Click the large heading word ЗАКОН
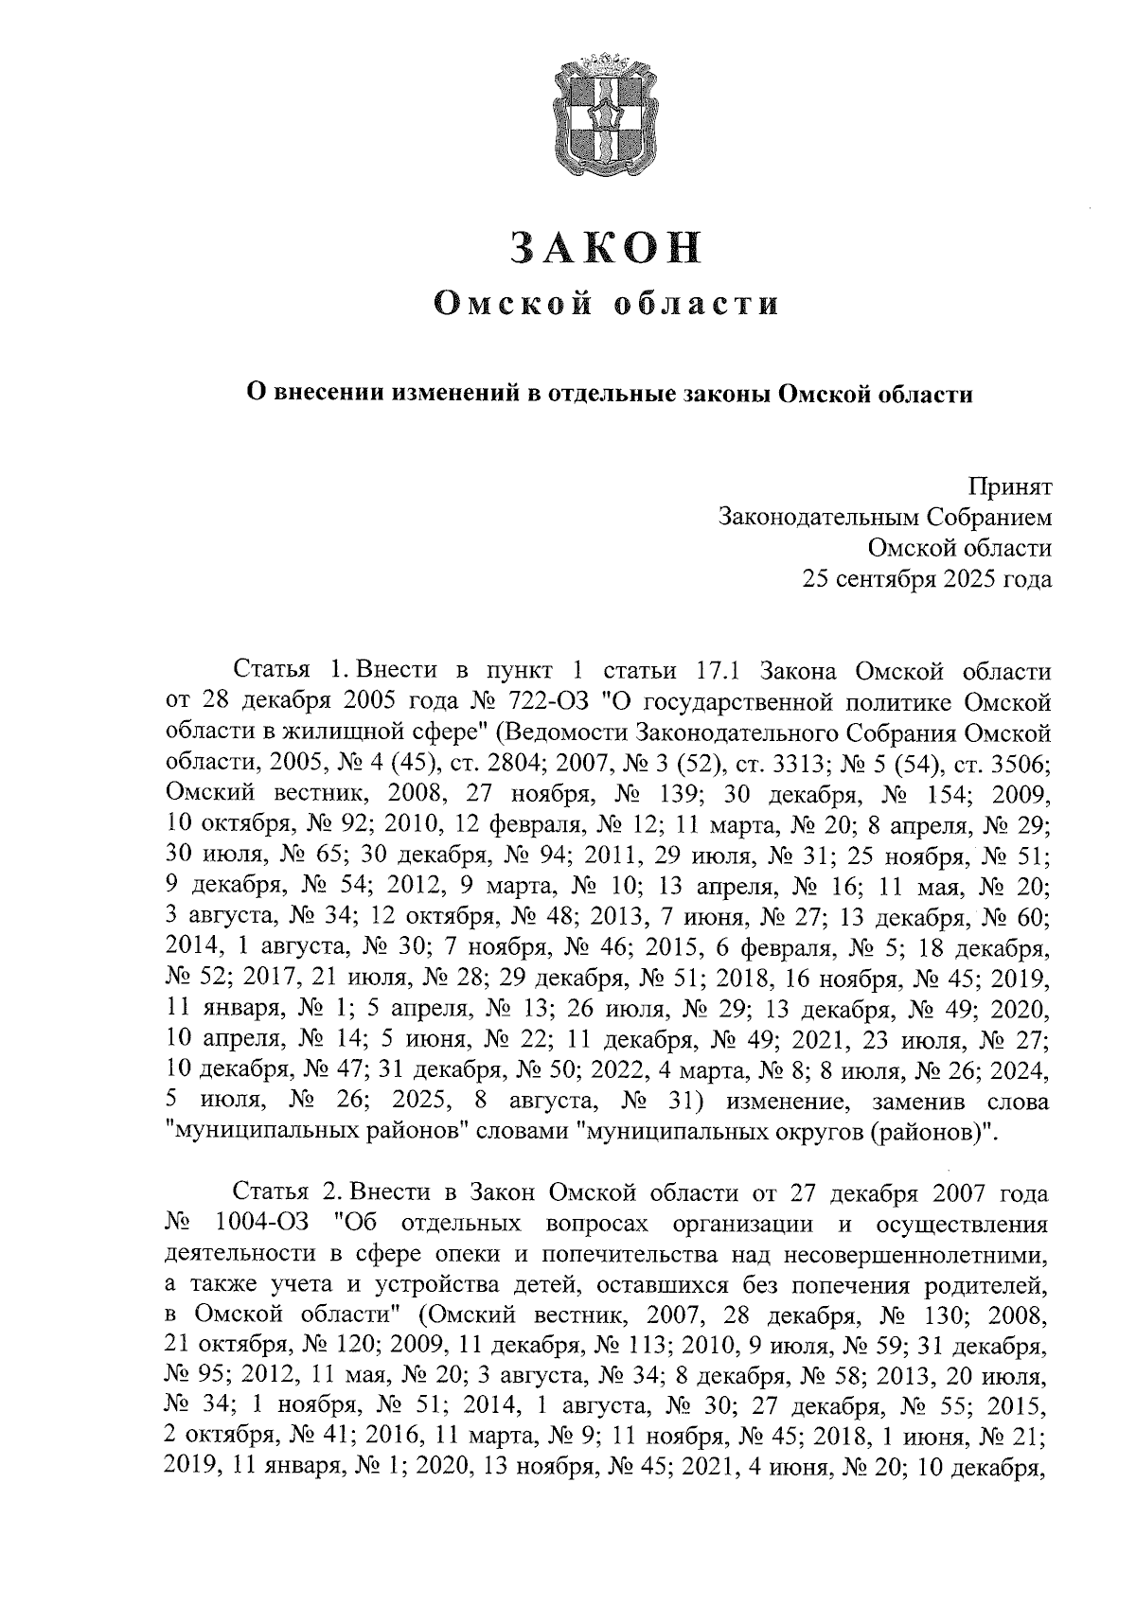tap(607, 248)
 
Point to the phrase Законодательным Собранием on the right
tap(885, 517)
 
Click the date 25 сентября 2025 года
tap(927, 578)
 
